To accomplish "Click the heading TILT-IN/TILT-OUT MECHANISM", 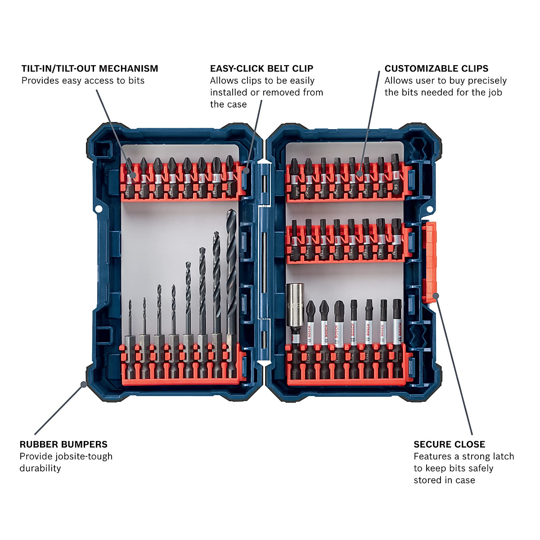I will pos(90,68).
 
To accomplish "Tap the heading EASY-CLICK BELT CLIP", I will pos(261,68).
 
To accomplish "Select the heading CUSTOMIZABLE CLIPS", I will pos(436,68).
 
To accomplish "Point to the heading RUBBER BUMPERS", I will pos(63,444).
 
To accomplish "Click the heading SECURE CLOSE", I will pos(449,444).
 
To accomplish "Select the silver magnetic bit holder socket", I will pos(295,310).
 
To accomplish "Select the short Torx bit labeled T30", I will pos(381,241).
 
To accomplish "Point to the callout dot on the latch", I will pos(436,295).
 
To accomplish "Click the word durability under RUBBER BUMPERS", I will pos(40,468).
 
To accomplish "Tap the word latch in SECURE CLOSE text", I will pos(500,456).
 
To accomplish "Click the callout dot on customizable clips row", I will pos(360,173).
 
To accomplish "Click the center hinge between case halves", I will pos(263,261).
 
